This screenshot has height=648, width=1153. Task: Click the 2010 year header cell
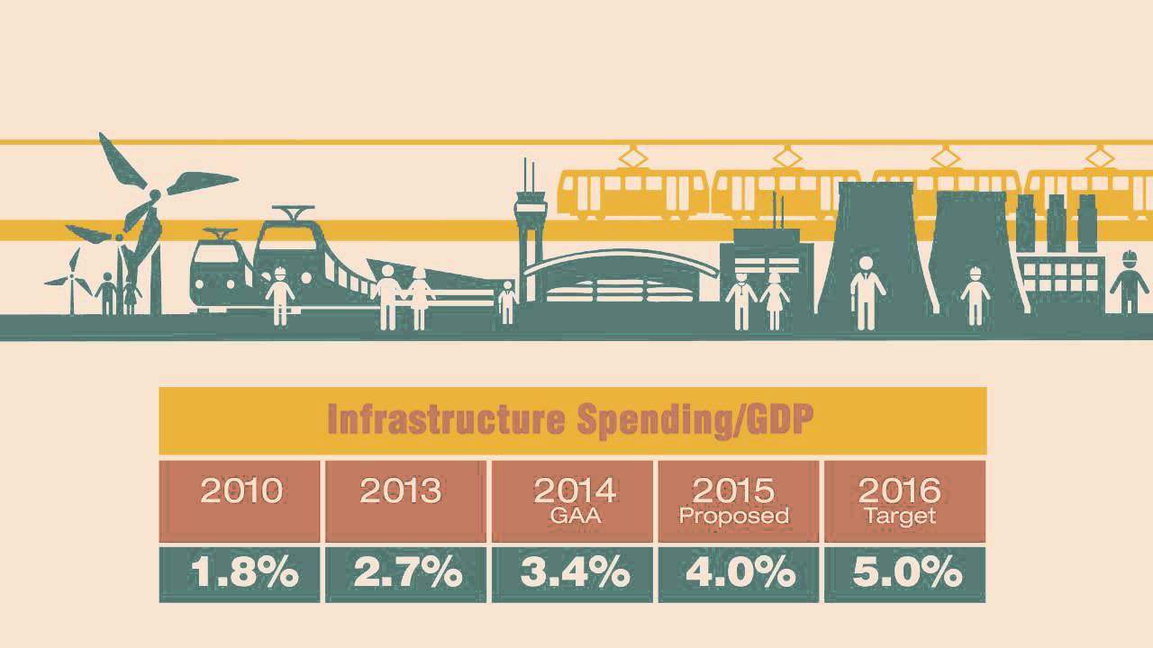click(x=240, y=500)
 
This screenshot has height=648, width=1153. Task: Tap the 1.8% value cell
click(x=240, y=573)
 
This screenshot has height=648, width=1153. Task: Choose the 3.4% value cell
click(x=573, y=573)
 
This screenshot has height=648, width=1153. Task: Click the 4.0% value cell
click(x=739, y=573)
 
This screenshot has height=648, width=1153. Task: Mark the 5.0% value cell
click(x=905, y=573)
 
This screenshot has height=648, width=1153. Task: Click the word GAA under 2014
click(x=574, y=517)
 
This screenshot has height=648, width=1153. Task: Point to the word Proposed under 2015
click(x=733, y=517)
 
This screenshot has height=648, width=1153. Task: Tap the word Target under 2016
click(x=899, y=517)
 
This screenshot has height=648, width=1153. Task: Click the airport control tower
click(x=530, y=234)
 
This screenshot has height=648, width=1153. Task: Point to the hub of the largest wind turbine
click(x=154, y=194)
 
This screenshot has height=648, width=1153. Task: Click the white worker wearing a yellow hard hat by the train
click(x=279, y=293)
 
